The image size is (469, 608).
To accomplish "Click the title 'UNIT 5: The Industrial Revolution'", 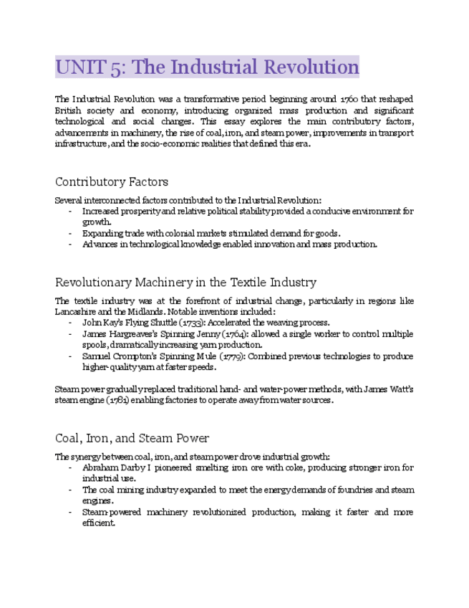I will (x=207, y=67).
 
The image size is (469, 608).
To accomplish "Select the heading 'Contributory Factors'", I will (x=112, y=181).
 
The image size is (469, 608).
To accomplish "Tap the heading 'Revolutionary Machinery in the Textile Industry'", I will (x=185, y=282).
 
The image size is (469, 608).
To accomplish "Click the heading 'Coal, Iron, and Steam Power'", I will (x=132, y=437).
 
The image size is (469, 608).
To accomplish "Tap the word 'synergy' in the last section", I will (x=91, y=456).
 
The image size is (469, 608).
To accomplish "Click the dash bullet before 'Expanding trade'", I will (x=70, y=233).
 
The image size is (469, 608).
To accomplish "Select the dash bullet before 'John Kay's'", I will (x=70, y=323).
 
